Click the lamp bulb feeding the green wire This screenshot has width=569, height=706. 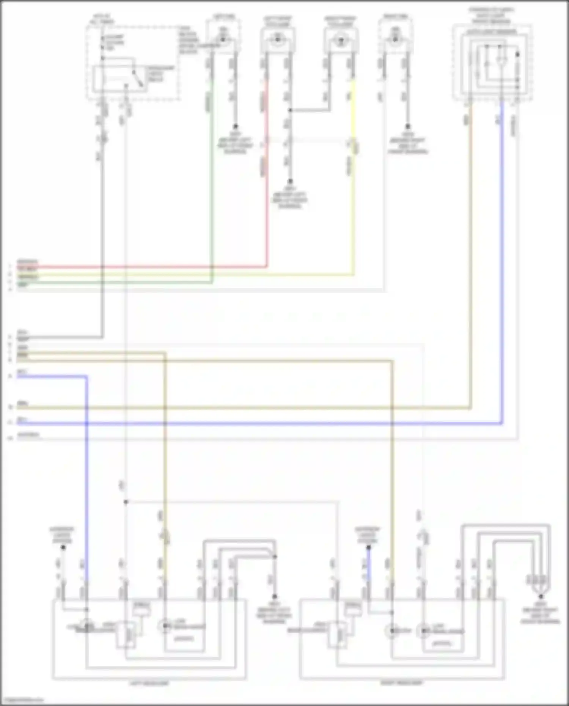point(223,39)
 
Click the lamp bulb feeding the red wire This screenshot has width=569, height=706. point(277,39)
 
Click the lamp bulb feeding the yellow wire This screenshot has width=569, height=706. point(340,39)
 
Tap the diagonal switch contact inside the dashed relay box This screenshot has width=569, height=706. point(138,79)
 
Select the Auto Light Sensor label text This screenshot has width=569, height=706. point(492,32)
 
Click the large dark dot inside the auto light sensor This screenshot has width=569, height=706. point(517,54)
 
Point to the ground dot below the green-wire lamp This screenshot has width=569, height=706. point(235,126)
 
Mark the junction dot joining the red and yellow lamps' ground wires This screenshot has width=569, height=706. point(290,110)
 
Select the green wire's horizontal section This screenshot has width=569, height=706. point(114,282)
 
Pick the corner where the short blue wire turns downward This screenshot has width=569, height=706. point(86,377)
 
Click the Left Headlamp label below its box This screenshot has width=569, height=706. point(149,683)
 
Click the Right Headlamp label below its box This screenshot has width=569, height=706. point(401,683)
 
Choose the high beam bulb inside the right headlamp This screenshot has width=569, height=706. point(393,631)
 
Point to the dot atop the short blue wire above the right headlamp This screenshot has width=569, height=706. point(368,547)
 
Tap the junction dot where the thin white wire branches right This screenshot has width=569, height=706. point(126,502)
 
